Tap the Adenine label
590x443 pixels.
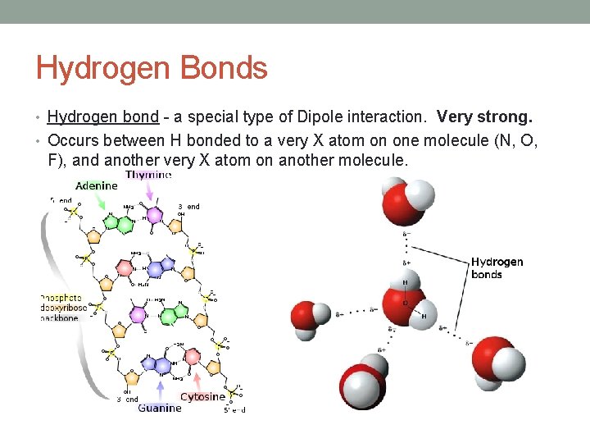tap(96, 186)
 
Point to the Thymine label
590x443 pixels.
tap(148, 175)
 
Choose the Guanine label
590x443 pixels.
tap(161, 408)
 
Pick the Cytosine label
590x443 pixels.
tap(202, 396)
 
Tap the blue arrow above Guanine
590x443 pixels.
tap(160, 389)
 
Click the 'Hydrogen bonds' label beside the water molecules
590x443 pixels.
tap(497, 268)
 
